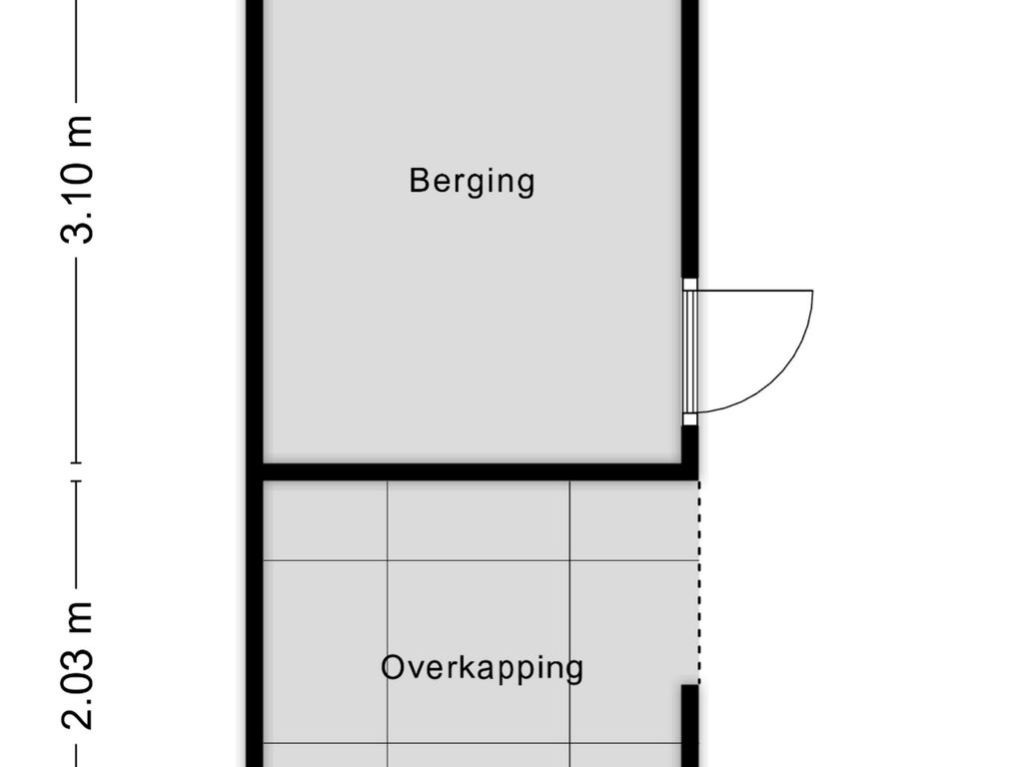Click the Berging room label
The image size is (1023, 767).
click(x=472, y=181)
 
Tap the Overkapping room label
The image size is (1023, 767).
click(x=483, y=668)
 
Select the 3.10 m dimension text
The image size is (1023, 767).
click(x=77, y=180)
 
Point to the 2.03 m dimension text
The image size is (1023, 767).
click(x=77, y=665)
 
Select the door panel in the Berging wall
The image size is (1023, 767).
click(x=690, y=352)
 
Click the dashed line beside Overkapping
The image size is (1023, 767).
click(x=698, y=582)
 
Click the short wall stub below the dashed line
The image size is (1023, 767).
click(x=690, y=725)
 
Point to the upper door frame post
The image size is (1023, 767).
click(x=690, y=285)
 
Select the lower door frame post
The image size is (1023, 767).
click(x=690, y=419)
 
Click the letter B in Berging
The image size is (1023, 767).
click(x=419, y=180)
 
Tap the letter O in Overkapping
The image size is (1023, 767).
click(x=394, y=667)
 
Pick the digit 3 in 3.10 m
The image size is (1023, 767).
click(x=77, y=232)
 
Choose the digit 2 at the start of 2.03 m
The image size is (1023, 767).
click(x=77, y=718)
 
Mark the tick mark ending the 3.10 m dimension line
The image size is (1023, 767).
click(x=77, y=462)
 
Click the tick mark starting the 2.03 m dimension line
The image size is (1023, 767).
click(x=77, y=481)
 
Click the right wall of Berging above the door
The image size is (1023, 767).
click(x=690, y=138)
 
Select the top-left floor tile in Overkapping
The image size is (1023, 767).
click(x=325, y=520)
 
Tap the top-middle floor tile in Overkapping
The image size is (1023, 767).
click(x=479, y=520)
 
